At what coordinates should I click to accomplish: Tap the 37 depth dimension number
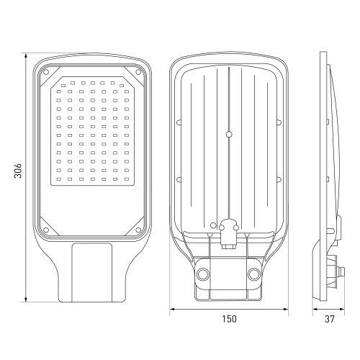(330, 319)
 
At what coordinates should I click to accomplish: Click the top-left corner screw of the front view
(48, 72)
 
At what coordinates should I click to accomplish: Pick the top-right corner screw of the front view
(138, 72)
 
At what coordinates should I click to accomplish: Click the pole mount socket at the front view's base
(92, 274)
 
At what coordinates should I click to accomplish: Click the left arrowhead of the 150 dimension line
(172, 310)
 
